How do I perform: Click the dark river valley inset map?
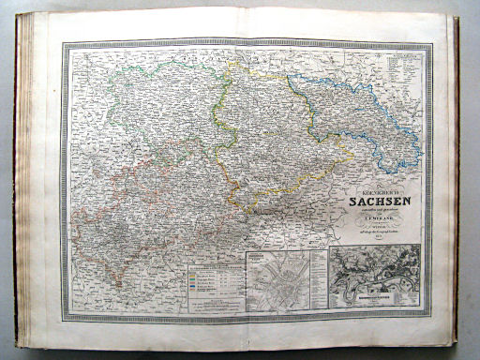pos(374,275)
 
